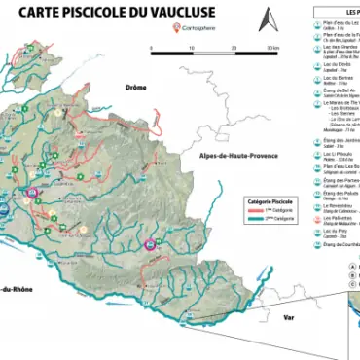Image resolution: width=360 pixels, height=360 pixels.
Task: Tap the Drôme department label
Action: (x=135, y=87)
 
